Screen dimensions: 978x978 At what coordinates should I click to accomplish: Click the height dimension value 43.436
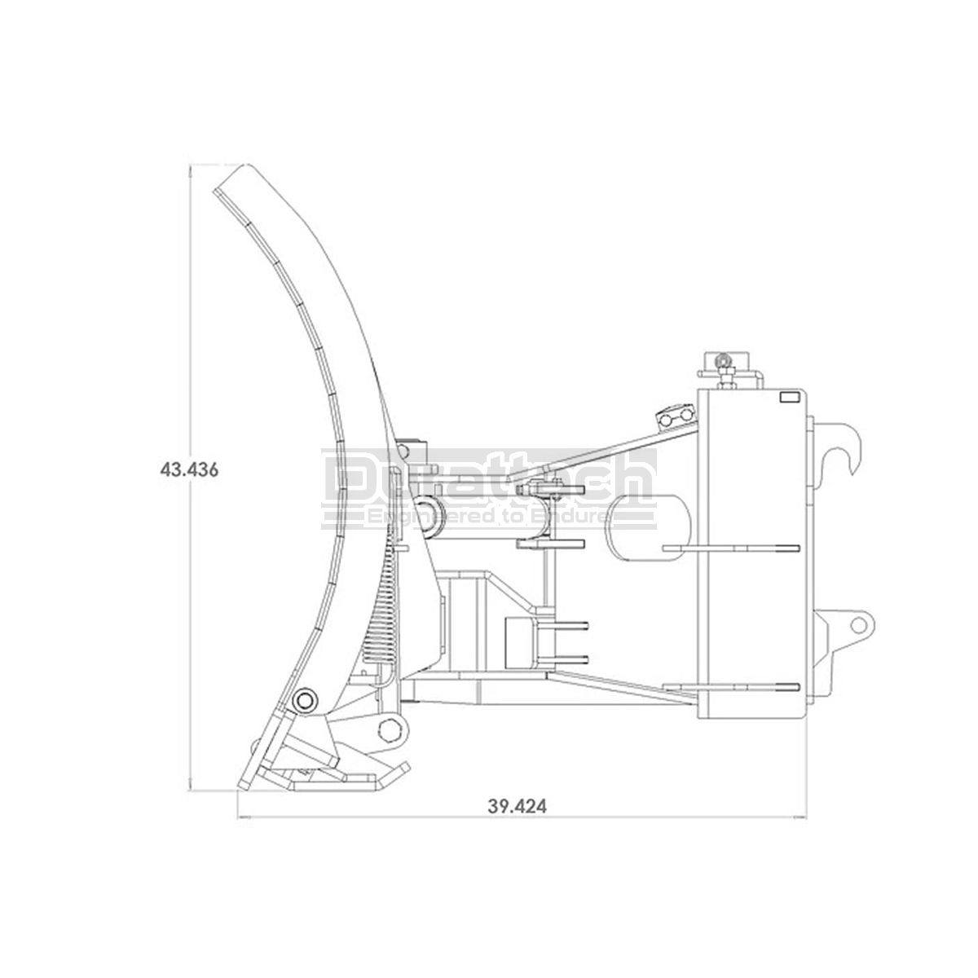pos(189,470)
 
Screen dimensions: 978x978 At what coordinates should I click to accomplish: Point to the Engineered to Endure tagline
pos(488,518)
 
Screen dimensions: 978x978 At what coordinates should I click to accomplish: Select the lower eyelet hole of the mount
pos(858,625)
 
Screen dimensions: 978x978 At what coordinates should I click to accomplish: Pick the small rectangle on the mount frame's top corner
pos(789,398)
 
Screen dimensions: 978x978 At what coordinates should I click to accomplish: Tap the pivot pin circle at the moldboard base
pos(305,701)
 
